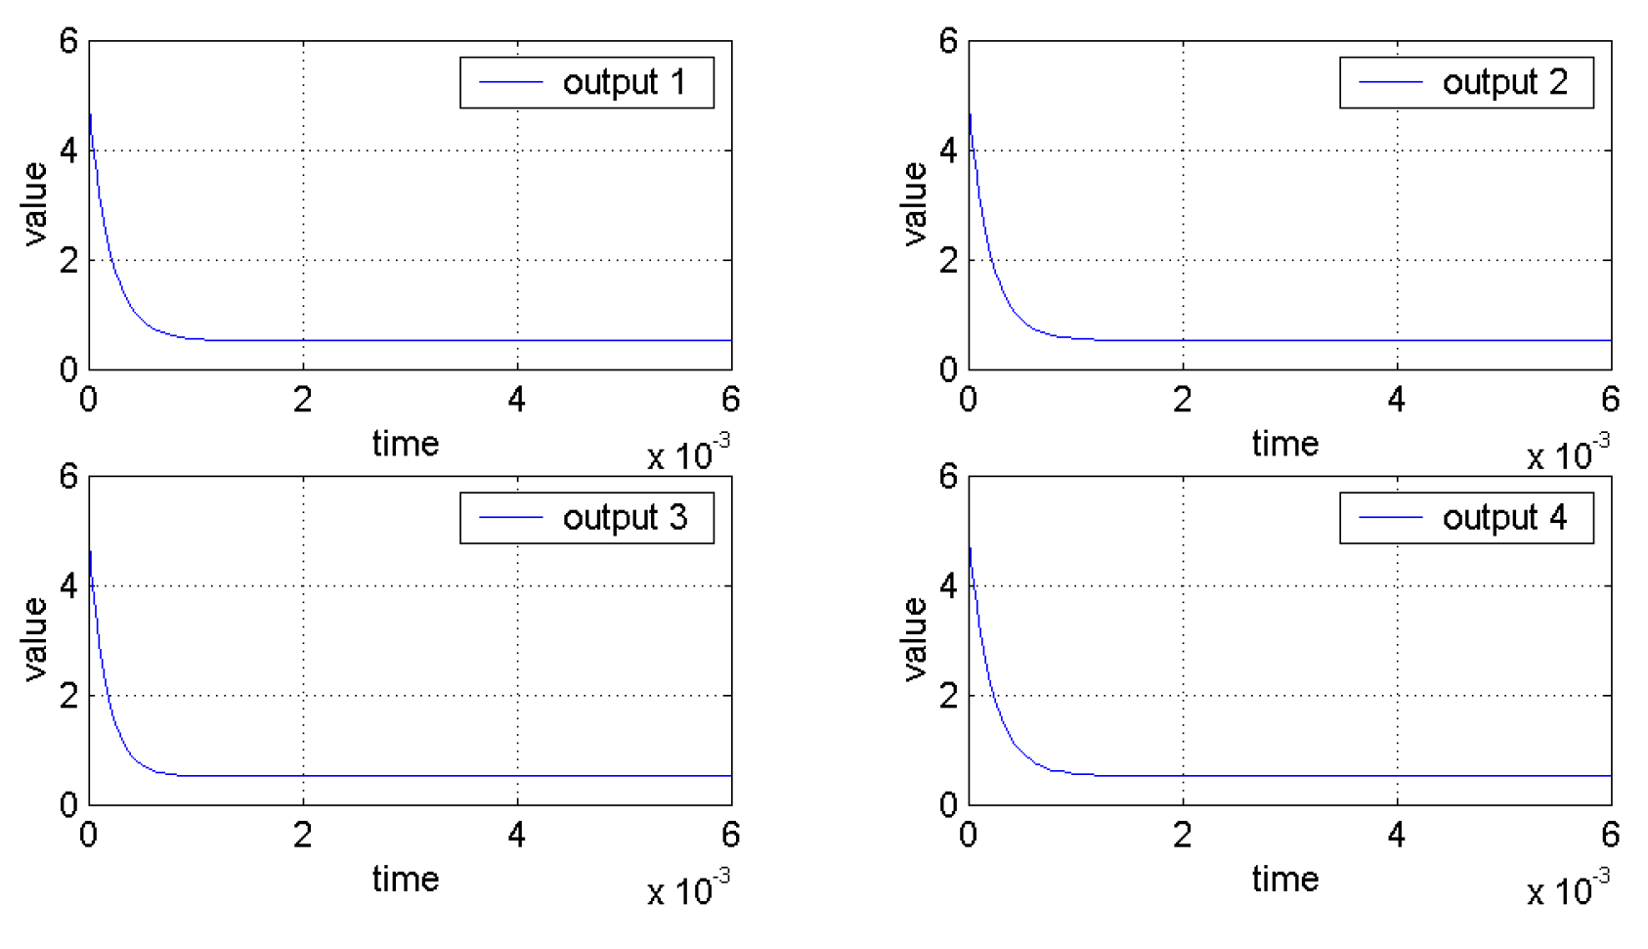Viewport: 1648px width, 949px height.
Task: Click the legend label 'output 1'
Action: click(x=625, y=83)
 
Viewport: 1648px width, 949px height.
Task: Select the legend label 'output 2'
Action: click(x=1504, y=83)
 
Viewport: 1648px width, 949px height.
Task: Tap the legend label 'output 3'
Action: click(x=625, y=518)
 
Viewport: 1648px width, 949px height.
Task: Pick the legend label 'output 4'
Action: click(x=1504, y=518)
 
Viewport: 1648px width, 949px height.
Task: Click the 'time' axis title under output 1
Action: click(x=406, y=445)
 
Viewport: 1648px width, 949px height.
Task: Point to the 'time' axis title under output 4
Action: click(x=1285, y=880)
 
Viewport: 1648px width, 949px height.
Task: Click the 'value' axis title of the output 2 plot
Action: click(x=915, y=204)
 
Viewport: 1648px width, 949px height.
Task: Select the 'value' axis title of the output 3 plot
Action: click(x=35, y=639)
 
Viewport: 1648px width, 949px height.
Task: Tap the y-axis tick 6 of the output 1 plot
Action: click(x=68, y=42)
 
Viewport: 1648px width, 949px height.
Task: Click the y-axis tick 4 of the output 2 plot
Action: click(x=948, y=151)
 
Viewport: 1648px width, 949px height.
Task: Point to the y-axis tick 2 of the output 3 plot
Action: click(x=68, y=696)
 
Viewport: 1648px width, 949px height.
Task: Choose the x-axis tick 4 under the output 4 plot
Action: click(x=1397, y=835)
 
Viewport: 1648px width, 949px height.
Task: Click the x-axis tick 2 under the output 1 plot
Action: click(x=303, y=400)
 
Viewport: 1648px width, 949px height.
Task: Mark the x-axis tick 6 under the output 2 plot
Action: click(x=1611, y=400)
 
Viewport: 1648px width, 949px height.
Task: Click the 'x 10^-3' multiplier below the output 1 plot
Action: click(x=688, y=454)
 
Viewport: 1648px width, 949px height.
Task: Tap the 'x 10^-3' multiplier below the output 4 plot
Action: click(x=1568, y=889)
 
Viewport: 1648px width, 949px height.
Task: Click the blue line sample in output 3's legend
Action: click(x=510, y=518)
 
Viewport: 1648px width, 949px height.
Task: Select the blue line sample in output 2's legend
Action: click(x=1390, y=83)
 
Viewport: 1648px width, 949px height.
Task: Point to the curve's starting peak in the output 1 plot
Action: click(x=91, y=114)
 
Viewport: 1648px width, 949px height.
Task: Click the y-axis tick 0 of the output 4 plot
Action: click(x=948, y=806)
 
